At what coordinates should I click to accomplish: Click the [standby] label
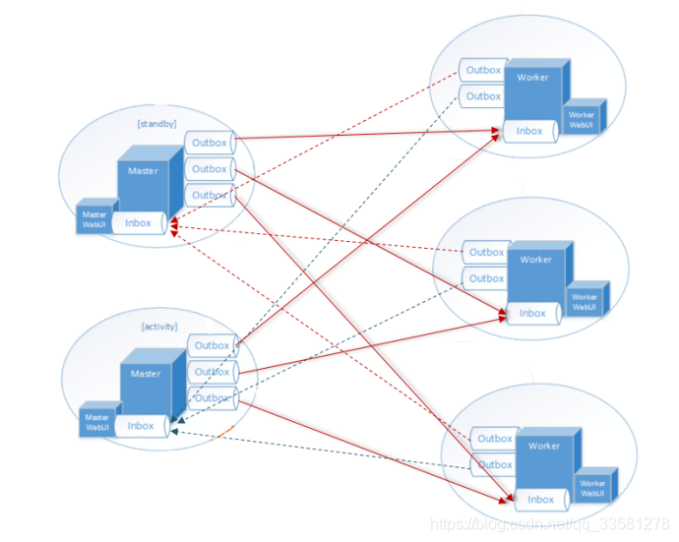pos(157,123)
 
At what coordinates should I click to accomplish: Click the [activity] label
pos(159,326)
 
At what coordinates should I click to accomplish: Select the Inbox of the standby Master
pos(138,223)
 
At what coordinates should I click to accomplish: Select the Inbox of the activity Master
pos(141,426)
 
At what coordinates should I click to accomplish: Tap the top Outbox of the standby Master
pos(210,143)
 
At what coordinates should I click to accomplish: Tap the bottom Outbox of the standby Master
pos(210,195)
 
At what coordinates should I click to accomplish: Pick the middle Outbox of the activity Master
pos(212,372)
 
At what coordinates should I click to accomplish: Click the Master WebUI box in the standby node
pos(94,219)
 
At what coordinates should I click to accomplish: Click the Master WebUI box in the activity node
pos(97,422)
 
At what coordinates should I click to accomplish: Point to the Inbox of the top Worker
pos(529,131)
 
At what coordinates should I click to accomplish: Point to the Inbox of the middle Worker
pos(532,314)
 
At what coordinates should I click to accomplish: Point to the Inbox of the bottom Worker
pos(540,500)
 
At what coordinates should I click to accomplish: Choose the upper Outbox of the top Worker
pos(483,70)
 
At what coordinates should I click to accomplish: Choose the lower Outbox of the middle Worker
pos(486,278)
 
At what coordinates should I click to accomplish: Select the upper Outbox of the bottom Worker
pos(495,439)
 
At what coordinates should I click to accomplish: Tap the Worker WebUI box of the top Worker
pos(582,120)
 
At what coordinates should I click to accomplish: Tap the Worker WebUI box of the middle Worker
pos(585,302)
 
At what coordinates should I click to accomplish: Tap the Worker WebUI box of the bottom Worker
pos(593,488)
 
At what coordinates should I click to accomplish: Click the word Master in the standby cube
pos(143,171)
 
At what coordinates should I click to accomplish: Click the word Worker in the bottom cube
pos(544,446)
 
